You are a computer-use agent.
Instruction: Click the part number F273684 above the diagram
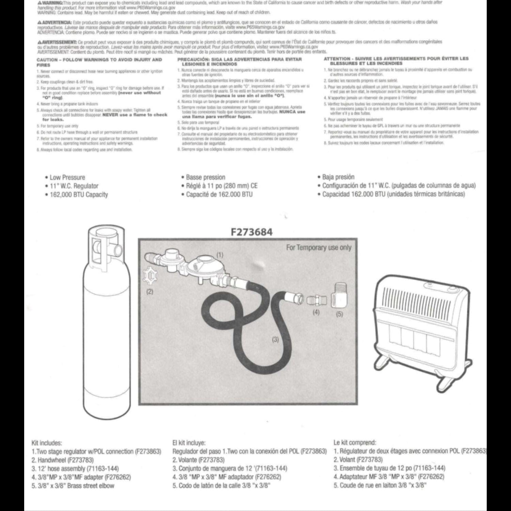252,232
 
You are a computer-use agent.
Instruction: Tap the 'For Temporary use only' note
319,248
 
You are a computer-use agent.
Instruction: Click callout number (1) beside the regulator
220,255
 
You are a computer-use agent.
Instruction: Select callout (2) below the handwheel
150,292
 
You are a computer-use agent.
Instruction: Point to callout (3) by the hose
275,339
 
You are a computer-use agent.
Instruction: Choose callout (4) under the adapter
316,312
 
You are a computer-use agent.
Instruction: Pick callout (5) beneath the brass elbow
339,314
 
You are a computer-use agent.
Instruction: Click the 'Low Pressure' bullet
67,177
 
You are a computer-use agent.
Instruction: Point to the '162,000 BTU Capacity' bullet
79,195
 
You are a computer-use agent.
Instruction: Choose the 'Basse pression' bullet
205,177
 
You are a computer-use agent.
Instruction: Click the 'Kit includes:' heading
47,443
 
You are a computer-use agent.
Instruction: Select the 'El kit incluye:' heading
189,443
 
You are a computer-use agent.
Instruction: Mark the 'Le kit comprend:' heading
355,443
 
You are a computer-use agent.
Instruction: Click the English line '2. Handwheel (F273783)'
63,460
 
